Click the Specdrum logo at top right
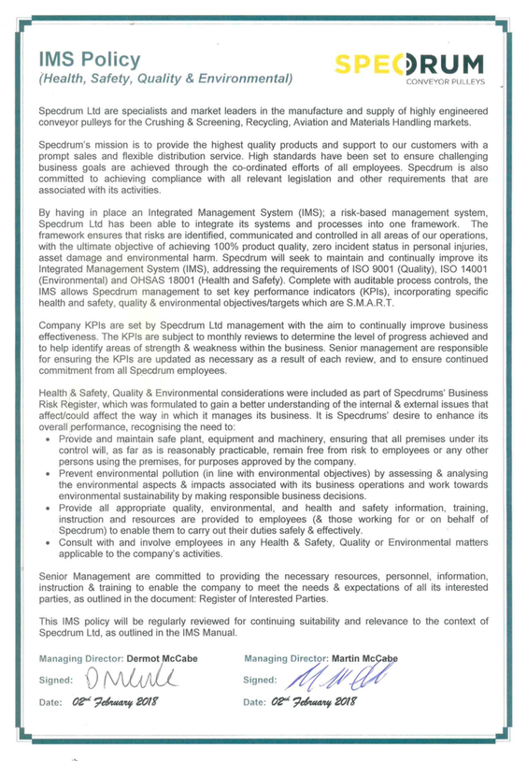pyautogui.click(x=417, y=66)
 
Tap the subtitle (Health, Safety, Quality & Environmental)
pyautogui.click(x=165, y=79)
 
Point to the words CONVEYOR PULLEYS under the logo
pyautogui.click(x=445, y=83)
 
